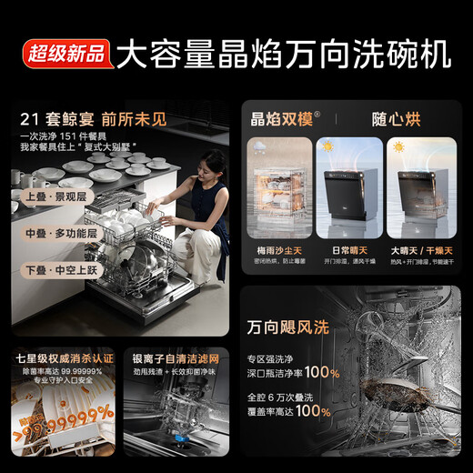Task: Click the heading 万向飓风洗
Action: click(296, 326)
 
